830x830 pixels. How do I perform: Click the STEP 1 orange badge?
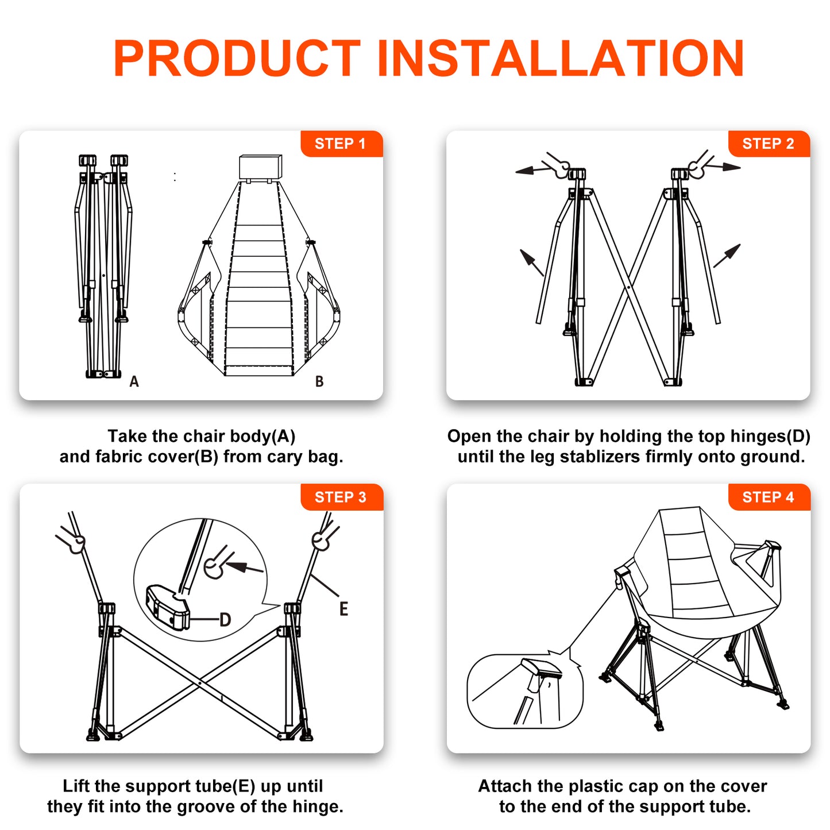341,144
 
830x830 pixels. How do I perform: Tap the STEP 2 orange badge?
769,144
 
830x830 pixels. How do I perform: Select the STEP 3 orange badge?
341,497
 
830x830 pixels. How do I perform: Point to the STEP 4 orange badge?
769,497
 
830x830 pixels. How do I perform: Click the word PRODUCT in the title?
237,58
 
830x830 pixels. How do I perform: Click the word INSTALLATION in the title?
561,58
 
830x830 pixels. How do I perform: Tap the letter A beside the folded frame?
134,381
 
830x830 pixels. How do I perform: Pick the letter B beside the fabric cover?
319,381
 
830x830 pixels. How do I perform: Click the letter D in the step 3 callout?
225,620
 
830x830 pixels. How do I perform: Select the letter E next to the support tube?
343,609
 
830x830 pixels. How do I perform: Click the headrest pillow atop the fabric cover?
261,167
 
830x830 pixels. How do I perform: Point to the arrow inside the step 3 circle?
244,568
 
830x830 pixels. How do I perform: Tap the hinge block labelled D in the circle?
168,607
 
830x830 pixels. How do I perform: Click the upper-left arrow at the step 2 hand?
533,171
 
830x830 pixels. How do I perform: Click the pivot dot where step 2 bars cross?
629,287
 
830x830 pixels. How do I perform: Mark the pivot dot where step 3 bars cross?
200,683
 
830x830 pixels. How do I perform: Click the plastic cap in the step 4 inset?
542,668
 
